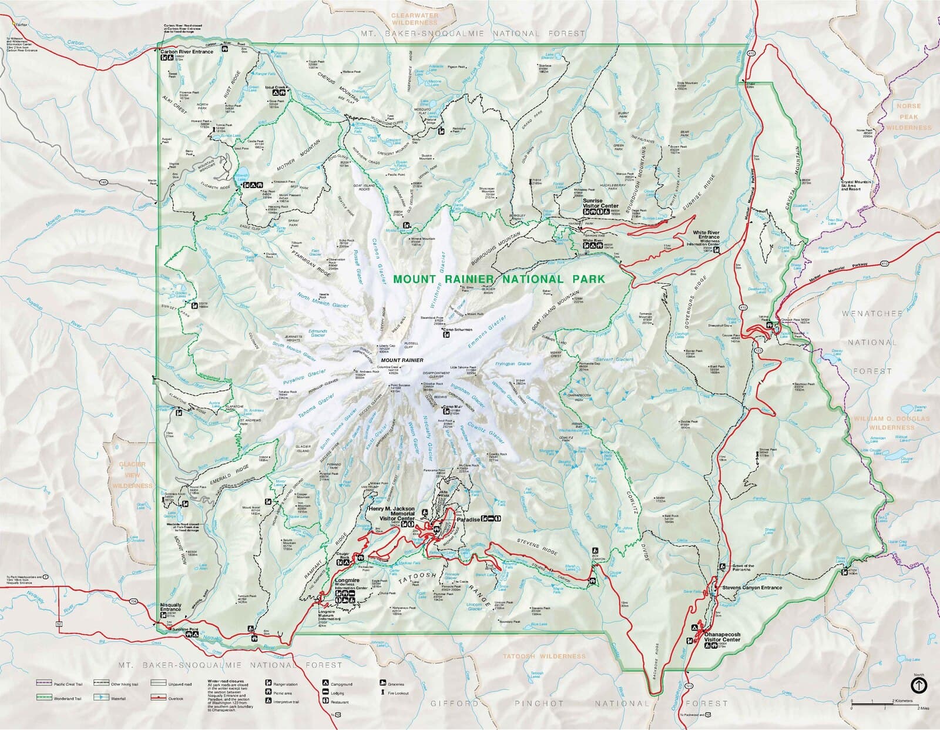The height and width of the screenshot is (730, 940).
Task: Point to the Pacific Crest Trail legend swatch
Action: click(x=43, y=684)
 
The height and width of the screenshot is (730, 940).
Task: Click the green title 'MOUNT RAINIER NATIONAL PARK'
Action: click(x=498, y=279)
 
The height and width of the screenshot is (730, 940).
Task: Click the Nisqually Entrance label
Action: click(x=170, y=607)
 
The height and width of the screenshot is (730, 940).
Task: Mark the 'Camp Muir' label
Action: click(x=453, y=406)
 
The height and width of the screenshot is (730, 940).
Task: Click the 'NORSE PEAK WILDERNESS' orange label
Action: click(x=909, y=116)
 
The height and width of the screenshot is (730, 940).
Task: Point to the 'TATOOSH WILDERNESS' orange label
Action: click(x=544, y=656)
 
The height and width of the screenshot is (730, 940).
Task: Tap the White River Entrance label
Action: click(x=706, y=236)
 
